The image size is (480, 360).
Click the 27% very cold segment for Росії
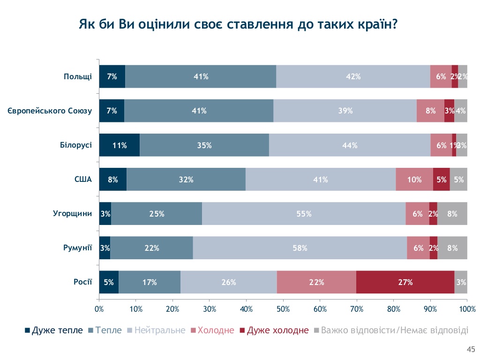tap(405, 282)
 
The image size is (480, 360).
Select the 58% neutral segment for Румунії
tap(300, 248)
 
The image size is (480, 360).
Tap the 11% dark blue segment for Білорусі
tap(120, 145)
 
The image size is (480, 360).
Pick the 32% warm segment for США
tap(186, 180)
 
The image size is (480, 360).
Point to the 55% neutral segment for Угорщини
tap(304, 214)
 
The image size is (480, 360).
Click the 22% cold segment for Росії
tap(316, 282)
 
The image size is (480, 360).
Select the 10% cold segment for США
tap(414, 180)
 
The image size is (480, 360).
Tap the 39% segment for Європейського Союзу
tap(345, 111)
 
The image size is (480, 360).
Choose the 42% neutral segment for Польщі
tap(353, 77)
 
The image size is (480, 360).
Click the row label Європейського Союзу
tap(50, 111)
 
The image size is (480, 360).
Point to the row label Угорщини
tap(72, 214)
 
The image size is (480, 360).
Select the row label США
tap(83, 180)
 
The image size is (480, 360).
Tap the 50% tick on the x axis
tap(283, 309)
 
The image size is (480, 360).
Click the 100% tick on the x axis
tap(467, 309)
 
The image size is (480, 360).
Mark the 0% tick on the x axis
tap(99, 309)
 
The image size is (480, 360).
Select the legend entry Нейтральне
tap(157, 330)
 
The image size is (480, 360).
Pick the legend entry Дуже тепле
tap(54, 330)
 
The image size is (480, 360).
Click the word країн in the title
tap(371, 24)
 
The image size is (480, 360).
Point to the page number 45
tap(471, 349)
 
